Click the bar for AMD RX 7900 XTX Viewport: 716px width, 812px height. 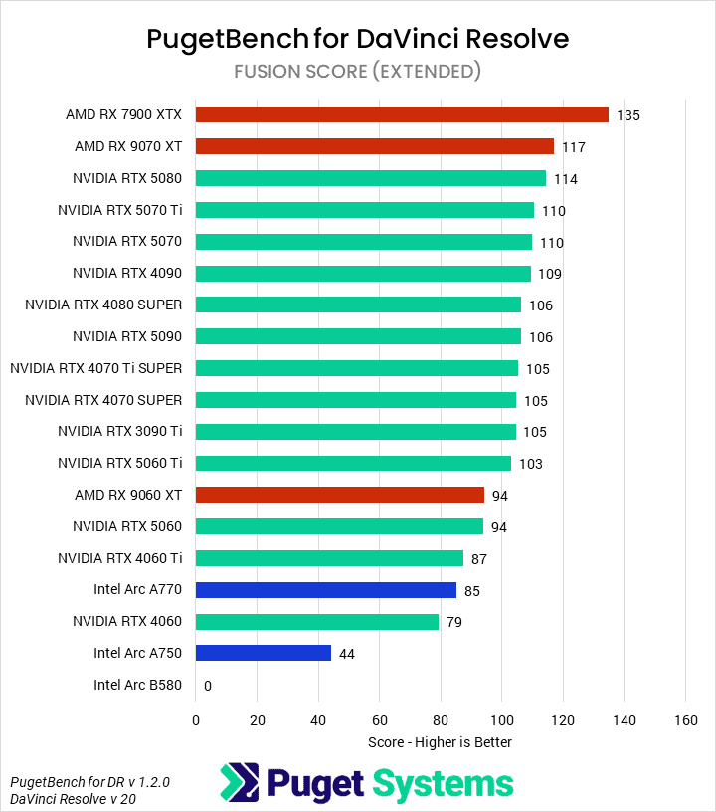click(402, 114)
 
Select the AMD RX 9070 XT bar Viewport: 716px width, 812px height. click(374, 146)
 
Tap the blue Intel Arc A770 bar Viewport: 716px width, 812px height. click(326, 590)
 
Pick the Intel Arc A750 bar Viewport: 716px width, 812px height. click(264, 653)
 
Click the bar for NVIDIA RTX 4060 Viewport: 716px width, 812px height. click(317, 622)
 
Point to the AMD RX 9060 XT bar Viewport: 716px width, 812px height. click(340, 495)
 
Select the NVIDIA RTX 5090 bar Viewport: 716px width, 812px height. click(358, 336)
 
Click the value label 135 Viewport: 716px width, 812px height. click(627, 115)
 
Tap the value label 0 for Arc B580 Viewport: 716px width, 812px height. click(208, 686)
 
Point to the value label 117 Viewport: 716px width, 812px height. click(573, 147)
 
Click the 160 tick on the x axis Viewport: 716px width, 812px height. click(685, 719)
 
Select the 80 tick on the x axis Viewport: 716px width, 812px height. click(441, 719)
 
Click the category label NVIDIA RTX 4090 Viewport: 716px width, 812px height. click(127, 273)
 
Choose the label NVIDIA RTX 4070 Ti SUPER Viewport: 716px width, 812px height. click(96, 368)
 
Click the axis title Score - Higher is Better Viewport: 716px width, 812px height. click(440, 741)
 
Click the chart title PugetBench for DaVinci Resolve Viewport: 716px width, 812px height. click(358, 38)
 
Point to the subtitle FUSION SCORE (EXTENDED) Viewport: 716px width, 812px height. click(358, 71)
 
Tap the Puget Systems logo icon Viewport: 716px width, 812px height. click(239, 783)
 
